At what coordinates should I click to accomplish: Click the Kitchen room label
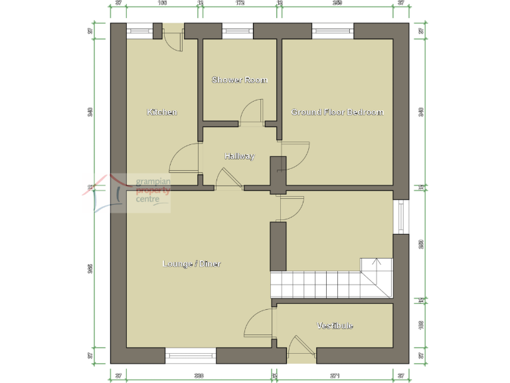(x=162, y=112)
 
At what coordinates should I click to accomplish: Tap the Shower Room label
(x=239, y=80)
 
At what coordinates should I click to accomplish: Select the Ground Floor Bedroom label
(x=337, y=112)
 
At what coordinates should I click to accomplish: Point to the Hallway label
(x=239, y=156)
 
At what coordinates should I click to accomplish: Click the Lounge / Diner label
(x=192, y=264)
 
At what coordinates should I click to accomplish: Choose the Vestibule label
(x=335, y=325)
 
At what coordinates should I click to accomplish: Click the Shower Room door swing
(x=252, y=112)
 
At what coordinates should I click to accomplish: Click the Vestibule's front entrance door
(x=299, y=350)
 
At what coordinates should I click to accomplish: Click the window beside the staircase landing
(x=401, y=217)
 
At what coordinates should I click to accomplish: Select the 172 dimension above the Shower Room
(x=240, y=3)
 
